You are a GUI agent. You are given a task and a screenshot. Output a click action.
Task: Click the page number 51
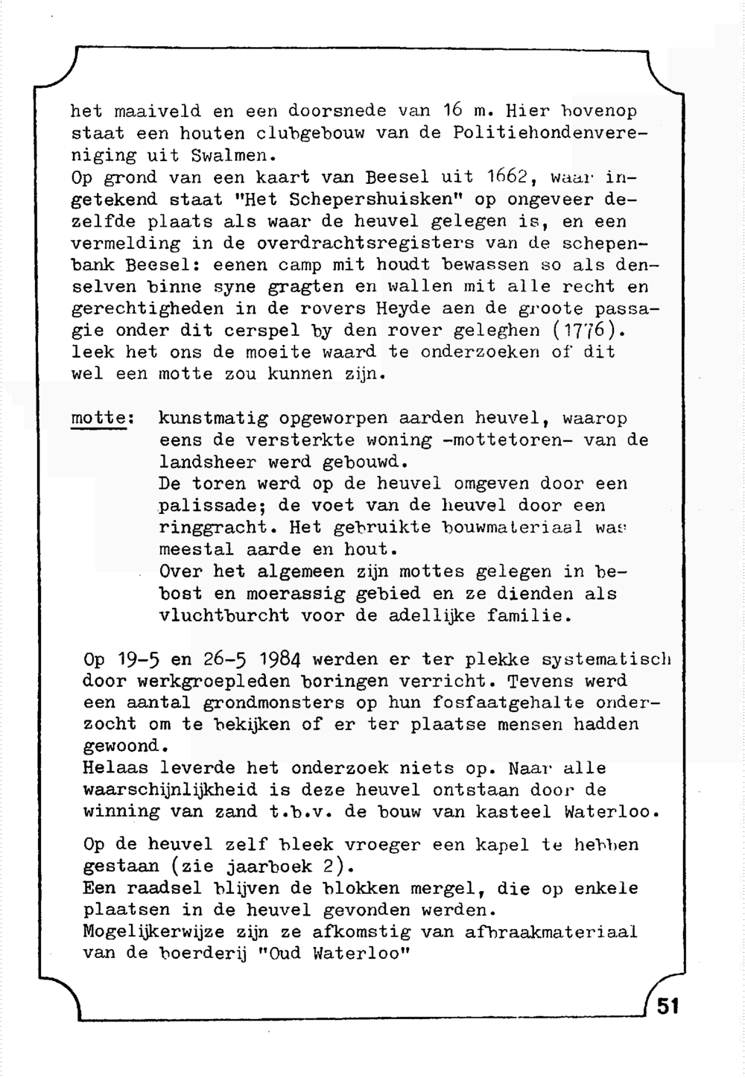pos(668,1006)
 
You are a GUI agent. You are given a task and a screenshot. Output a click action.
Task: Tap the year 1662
pos(507,178)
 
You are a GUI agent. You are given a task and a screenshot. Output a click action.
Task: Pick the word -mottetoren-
pos(507,440)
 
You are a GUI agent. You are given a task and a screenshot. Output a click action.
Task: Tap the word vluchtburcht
pos(224,616)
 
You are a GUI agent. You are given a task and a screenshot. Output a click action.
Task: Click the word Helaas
pos(115,768)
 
